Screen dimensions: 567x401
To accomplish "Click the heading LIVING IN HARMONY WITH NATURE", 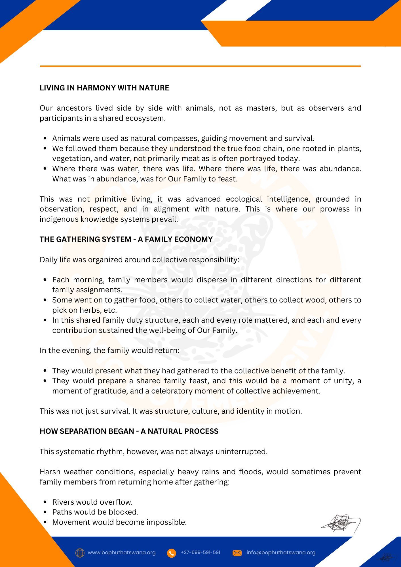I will click(x=104, y=88).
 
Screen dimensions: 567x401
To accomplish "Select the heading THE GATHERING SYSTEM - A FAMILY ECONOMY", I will click(x=126, y=239).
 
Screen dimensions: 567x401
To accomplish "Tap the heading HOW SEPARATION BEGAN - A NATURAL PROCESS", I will click(x=129, y=431).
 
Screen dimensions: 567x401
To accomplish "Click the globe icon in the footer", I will click(x=80, y=553).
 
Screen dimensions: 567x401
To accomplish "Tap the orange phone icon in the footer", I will click(x=171, y=553).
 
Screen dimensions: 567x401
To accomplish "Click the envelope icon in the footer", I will click(x=237, y=553).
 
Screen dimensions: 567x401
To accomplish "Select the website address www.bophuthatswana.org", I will click(x=122, y=553).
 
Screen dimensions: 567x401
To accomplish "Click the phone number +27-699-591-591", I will click(x=201, y=552).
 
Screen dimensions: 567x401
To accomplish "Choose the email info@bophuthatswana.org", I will click(x=281, y=553).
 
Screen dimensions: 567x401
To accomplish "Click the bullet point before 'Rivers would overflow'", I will click(x=45, y=502).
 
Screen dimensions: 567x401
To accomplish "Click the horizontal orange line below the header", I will click(x=200, y=66).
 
